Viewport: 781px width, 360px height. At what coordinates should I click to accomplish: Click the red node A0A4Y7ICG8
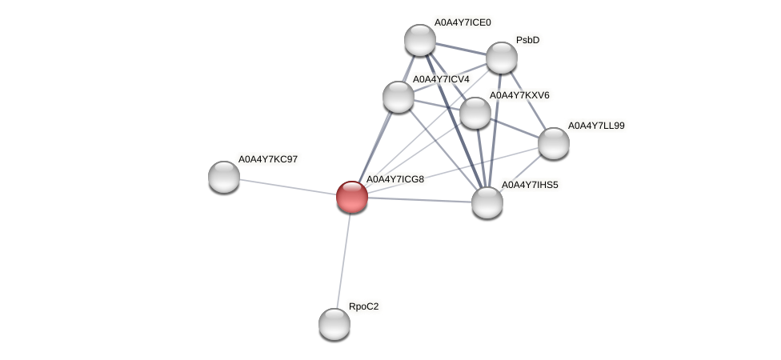click(x=352, y=196)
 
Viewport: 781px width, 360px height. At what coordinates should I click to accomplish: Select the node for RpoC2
click(x=334, y=324)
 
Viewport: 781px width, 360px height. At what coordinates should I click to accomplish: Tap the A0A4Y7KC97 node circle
click(x=224, y=176)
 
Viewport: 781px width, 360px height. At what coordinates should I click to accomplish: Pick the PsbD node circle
click(x=502, y=58)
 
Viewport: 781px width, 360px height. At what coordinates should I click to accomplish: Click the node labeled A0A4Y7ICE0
click(x=420, y=40)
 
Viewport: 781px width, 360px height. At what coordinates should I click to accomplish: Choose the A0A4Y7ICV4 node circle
click(x=399, y=97)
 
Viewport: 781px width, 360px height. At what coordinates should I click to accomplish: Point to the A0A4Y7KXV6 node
click(x=475, y=113)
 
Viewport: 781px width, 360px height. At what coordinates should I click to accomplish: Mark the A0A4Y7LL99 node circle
click(x=554, y=143)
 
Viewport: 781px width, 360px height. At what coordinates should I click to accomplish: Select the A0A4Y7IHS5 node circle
click(x=487, y=202)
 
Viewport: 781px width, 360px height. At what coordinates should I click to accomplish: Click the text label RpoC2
click(x=364, y=306)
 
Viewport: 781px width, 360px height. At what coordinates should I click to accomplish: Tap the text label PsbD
click(x=527, y=40)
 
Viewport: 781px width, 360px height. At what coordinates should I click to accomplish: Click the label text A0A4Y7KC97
click(x=268, y=159)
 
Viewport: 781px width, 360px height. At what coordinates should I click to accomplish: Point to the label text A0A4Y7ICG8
click(x=395, y=179)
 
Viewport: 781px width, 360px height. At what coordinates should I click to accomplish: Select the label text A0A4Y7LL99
click(x=596, y=126)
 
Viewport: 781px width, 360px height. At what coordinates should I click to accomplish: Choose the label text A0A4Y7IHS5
click(x=530, y=185)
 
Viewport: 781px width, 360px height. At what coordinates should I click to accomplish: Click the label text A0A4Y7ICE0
click(x=463, y=22)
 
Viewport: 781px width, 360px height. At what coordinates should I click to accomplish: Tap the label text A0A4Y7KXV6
click(x=519, y=95)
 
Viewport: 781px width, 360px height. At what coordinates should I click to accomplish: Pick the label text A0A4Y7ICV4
click(x=440, y=79)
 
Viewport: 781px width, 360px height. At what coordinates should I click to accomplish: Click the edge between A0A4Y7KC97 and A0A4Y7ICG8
click(x=288, y=186)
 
